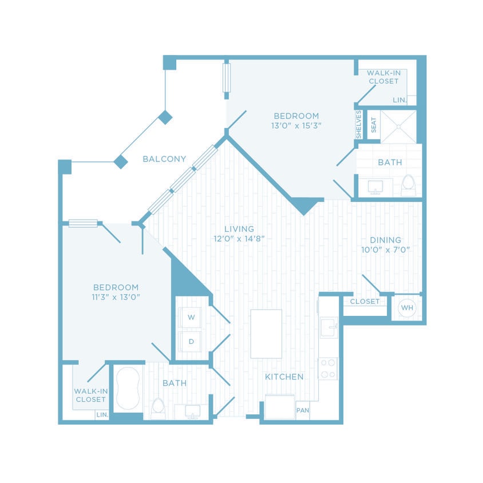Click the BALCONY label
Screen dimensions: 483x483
[164, 159]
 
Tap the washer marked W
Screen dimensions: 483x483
[191, 316]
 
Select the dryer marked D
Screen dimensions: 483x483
[191, 342]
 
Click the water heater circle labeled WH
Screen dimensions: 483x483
[407, 308]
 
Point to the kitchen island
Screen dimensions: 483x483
[266, 334]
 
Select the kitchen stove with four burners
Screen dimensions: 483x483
[328, 369]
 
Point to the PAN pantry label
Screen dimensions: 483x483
[302, 410]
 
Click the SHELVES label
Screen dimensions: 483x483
[359, 124]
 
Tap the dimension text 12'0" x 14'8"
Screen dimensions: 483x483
[239, 239]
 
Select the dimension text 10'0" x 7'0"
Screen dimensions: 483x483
[385, 250]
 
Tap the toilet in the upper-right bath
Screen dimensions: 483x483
[408, 185]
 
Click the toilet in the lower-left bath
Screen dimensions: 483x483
[158, 408]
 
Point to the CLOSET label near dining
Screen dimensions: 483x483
[365, 302]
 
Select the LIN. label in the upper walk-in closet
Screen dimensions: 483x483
[399, 100]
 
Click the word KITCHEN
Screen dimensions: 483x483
[284, 377]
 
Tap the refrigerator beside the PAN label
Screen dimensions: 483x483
[279, 407]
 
